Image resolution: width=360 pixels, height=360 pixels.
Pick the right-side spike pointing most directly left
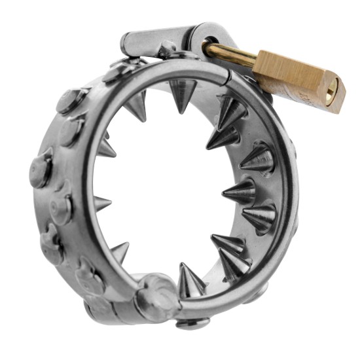click(x=237, y=191)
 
